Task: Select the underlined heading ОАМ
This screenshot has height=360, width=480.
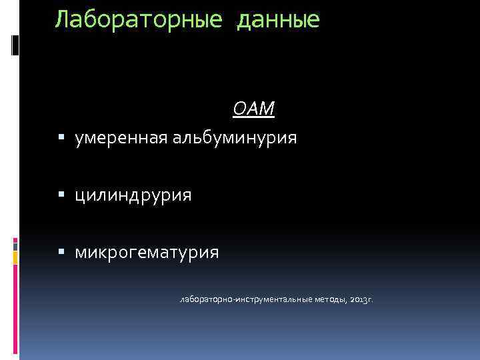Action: click(253, 109)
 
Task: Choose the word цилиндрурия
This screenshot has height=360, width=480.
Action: click(133, 195)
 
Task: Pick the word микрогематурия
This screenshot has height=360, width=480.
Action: click(147, 253)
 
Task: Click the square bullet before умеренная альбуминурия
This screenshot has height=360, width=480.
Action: click(61, 139)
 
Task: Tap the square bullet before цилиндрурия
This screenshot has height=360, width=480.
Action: click(61, 195)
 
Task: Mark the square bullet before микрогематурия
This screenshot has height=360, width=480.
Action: click(61, 253)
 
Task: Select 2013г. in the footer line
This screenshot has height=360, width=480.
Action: click(361, 300)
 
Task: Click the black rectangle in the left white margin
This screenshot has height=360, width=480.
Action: click(16, 45)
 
